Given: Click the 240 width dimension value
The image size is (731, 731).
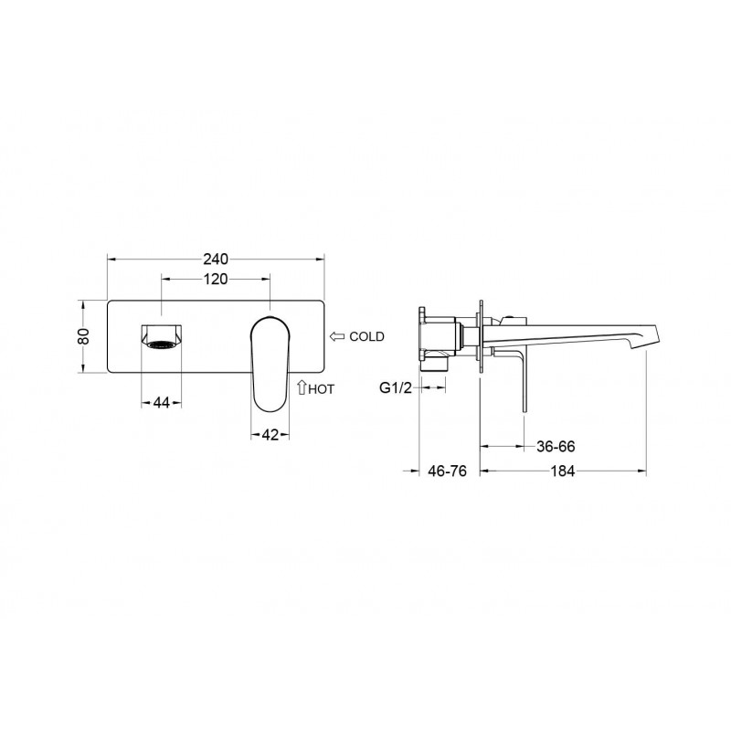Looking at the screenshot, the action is click(x=216, y=259).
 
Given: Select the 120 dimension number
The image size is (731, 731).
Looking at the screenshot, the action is click(x=216, y=280).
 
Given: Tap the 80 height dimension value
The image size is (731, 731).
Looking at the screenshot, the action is click(x=83, y=336).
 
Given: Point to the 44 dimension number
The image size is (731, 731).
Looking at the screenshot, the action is click(x=162, y=402).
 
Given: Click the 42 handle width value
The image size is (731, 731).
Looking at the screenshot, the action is click(x=270, y=435).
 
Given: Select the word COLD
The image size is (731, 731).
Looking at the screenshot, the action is click(x=367, y=336).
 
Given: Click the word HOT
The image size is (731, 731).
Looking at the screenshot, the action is click(x=322, y=389).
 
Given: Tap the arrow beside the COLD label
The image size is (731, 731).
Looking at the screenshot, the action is click(x=337, y=336).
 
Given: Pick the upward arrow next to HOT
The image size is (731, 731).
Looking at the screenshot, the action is click(x=302, y=387).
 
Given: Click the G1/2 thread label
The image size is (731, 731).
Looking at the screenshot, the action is click(x=396, y=387).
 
